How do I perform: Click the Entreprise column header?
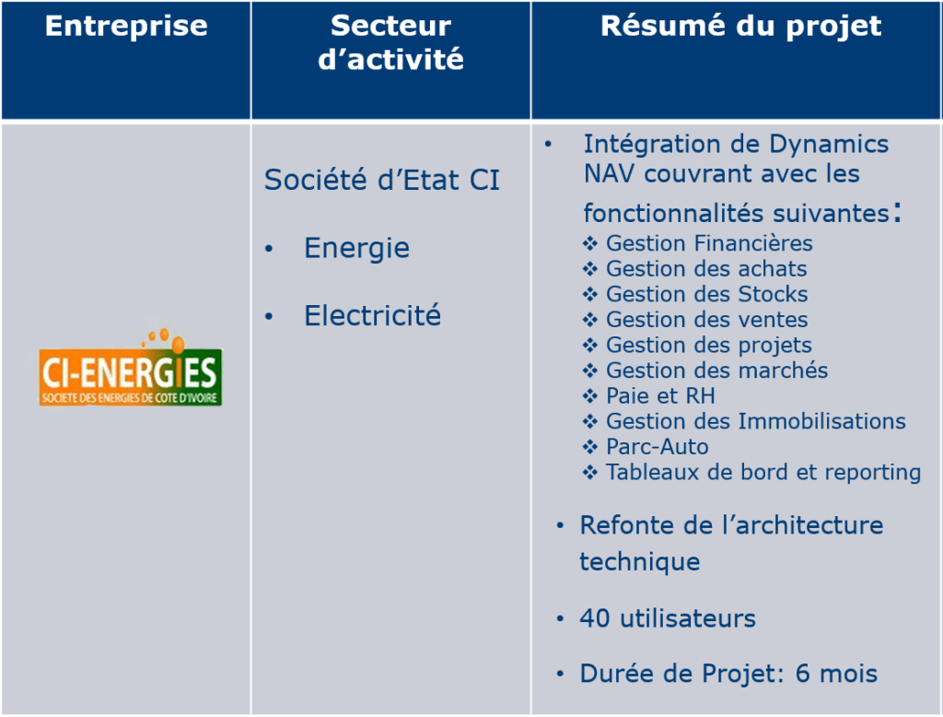click(x=126, y=26)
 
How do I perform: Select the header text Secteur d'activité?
click(x=390, y=42)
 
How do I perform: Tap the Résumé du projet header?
click(x=741, y=27)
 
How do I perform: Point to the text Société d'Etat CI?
click(x=382, y=180)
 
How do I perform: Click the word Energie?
click(x=356, y=247)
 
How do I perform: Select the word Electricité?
click(x=372, y=315)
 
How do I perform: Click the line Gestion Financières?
click(x=709, y=243)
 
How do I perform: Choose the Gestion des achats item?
click(x=706, y=268)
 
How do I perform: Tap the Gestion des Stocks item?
click(x=706, y=294)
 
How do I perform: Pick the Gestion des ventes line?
click(x=706, y=319)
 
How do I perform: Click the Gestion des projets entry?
click(x=708, y=346)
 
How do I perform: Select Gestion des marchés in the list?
click(x=716, y=370)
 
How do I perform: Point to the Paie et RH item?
click(x=660, y=395)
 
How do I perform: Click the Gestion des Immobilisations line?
click(x=755, y=421)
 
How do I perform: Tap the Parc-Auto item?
click(x=658, y=447)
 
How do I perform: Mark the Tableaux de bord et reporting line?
click(x=763, y=473)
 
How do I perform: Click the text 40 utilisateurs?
click(x=668, y=618)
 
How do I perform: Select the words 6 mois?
click(x=836, y=673)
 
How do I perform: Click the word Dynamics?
click(x=829, y=145)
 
